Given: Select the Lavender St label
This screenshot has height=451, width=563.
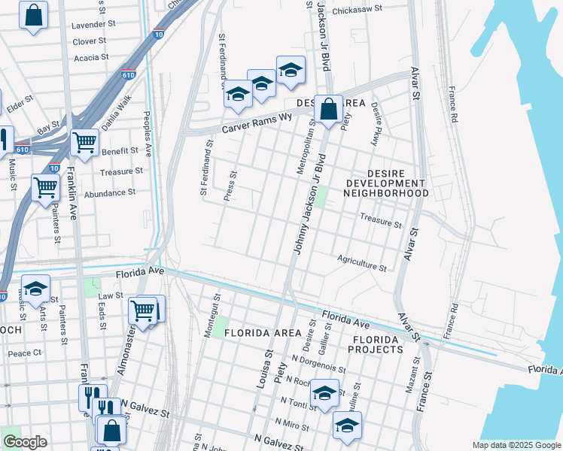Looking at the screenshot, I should point(91,25).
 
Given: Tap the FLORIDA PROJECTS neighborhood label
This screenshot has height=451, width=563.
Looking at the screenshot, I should point(375,345).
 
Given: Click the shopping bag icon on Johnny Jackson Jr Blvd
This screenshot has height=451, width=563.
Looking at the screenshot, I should point(328,110).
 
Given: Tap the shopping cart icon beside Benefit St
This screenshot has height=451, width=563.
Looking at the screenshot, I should point(84,141).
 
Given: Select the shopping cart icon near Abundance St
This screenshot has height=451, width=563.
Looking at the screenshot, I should point(46,186).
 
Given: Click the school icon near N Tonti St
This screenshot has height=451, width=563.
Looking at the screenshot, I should point(324,393).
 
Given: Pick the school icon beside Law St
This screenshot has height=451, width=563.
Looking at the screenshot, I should point(35,288).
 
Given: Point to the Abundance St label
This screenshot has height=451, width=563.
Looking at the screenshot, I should point(110,192).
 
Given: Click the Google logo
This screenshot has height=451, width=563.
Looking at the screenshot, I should point(25,442).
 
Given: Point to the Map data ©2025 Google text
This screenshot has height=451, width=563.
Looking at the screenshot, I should point(516,445).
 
